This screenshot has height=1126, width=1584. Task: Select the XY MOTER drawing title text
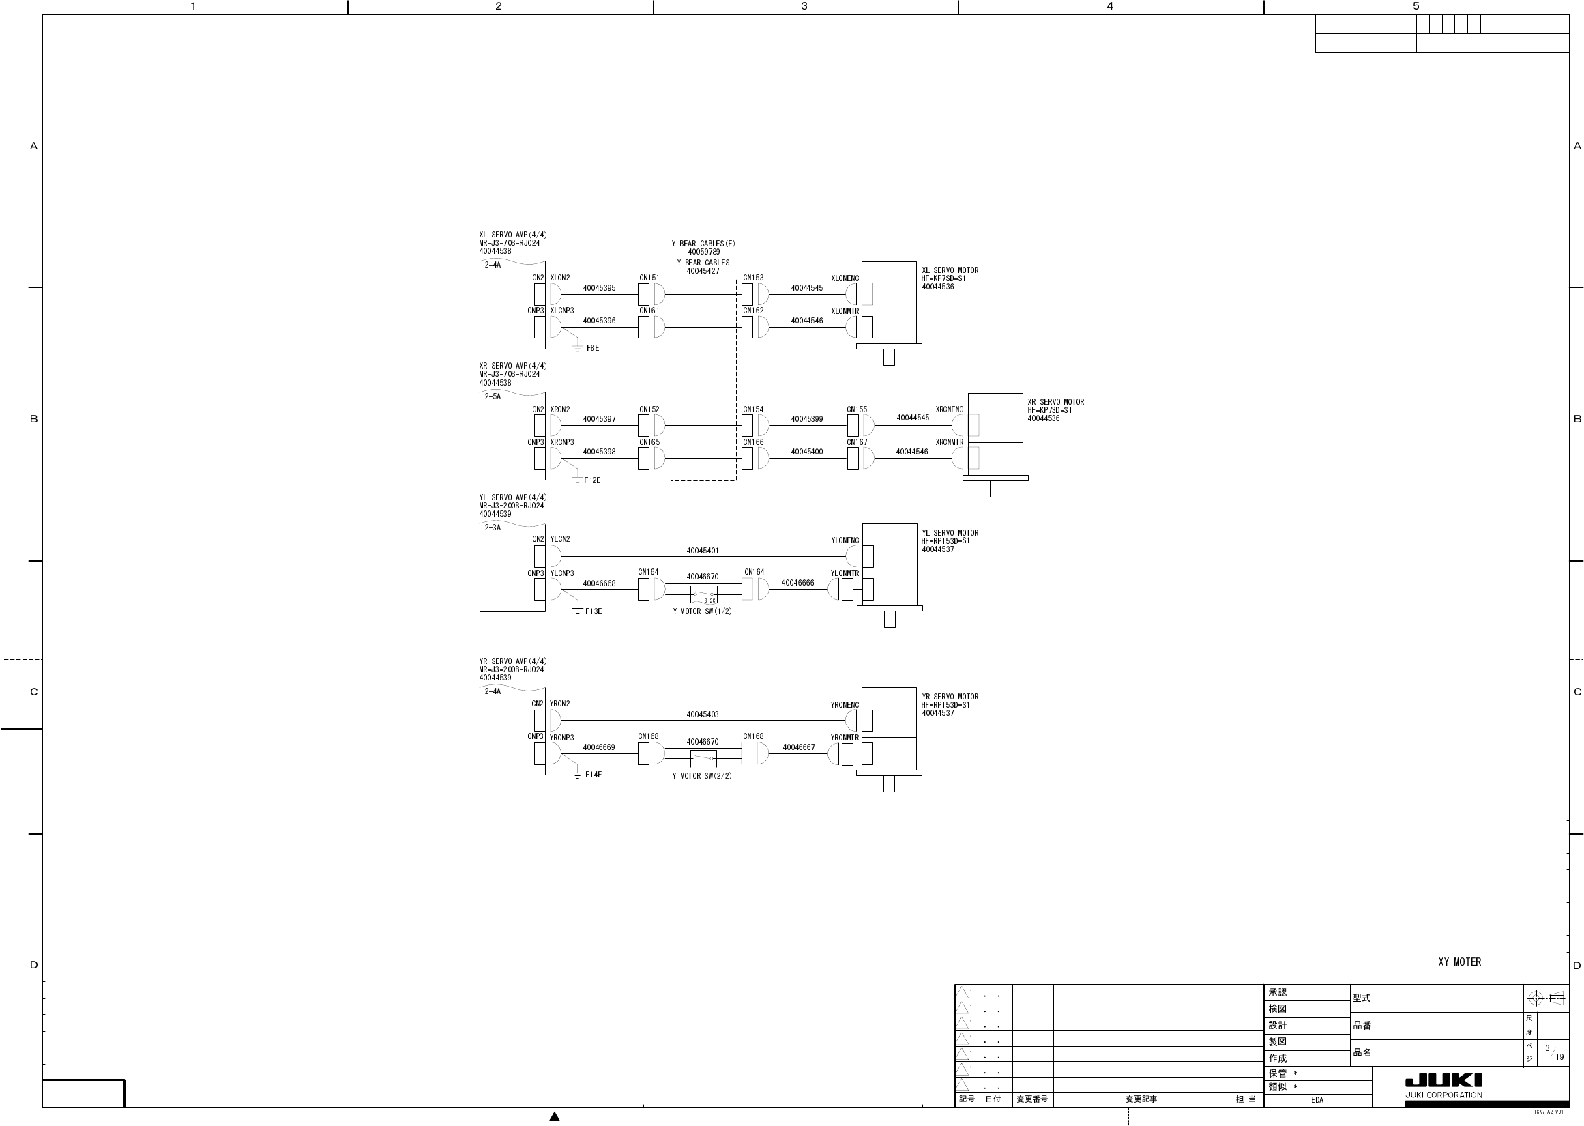click(x=1459, y=962)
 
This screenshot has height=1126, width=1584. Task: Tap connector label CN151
click(x=649, y=278)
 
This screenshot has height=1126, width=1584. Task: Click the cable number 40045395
click(x=599, y=288)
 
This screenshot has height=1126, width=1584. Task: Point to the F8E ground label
click(x=592, y=348)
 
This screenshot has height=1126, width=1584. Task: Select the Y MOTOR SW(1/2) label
click(x=702, y=611)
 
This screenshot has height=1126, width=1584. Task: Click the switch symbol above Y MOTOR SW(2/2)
click(x=703, y=759)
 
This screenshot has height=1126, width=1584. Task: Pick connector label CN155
click(x=856, y=409)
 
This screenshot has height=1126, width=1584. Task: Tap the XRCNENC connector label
click(x=949, y=409)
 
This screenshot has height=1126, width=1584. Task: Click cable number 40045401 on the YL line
click(x=703, y=551)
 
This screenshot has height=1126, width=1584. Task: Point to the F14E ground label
click(x=593, y=775)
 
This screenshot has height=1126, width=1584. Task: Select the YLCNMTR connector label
click(x=845, y=573)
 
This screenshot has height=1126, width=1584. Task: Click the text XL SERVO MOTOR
click(x=950, y=270)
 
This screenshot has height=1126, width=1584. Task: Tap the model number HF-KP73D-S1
click(x=1049, y=410)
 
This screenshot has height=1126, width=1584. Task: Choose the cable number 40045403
click(x=703, y=714)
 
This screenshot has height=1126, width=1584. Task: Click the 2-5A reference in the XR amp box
click(x=493, y=396)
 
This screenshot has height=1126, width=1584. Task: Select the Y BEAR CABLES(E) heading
click(x=703, y=244)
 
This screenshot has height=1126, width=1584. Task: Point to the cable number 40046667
click(x=798, y=747)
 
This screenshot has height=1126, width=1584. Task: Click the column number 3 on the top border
click(x=804, y=6)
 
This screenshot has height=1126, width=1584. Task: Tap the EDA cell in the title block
click(x=1317, y=1099)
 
